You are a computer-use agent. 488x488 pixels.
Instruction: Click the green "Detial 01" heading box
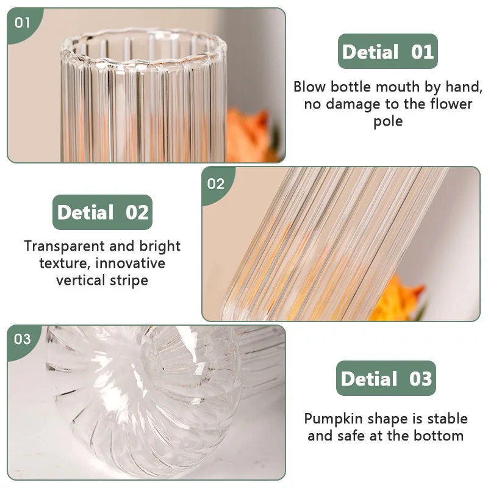(x=388, y=51)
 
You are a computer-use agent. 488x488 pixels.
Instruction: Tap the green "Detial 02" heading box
(x=102, y=212)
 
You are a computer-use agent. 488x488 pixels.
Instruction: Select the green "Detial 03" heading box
(x=386, y=379)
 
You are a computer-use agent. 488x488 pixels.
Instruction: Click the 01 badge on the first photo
(x=23, y=23)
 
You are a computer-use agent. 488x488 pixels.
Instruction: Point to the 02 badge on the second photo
(x=216, y=183)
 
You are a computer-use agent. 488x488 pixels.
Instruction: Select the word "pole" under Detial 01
(x=388, y=121)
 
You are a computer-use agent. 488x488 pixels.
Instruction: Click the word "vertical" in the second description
(x=79, y=280)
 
